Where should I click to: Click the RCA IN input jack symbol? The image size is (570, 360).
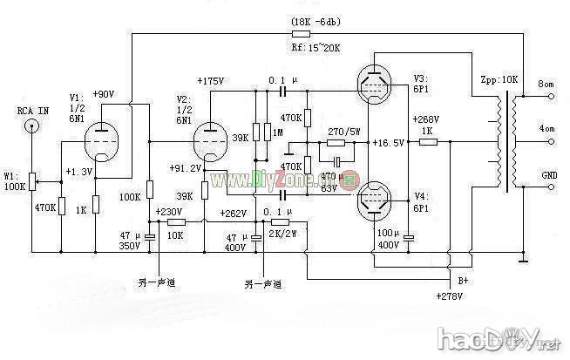[32, 126]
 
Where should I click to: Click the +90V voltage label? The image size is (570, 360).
[101, 94]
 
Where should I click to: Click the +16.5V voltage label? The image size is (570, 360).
[386, 142]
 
